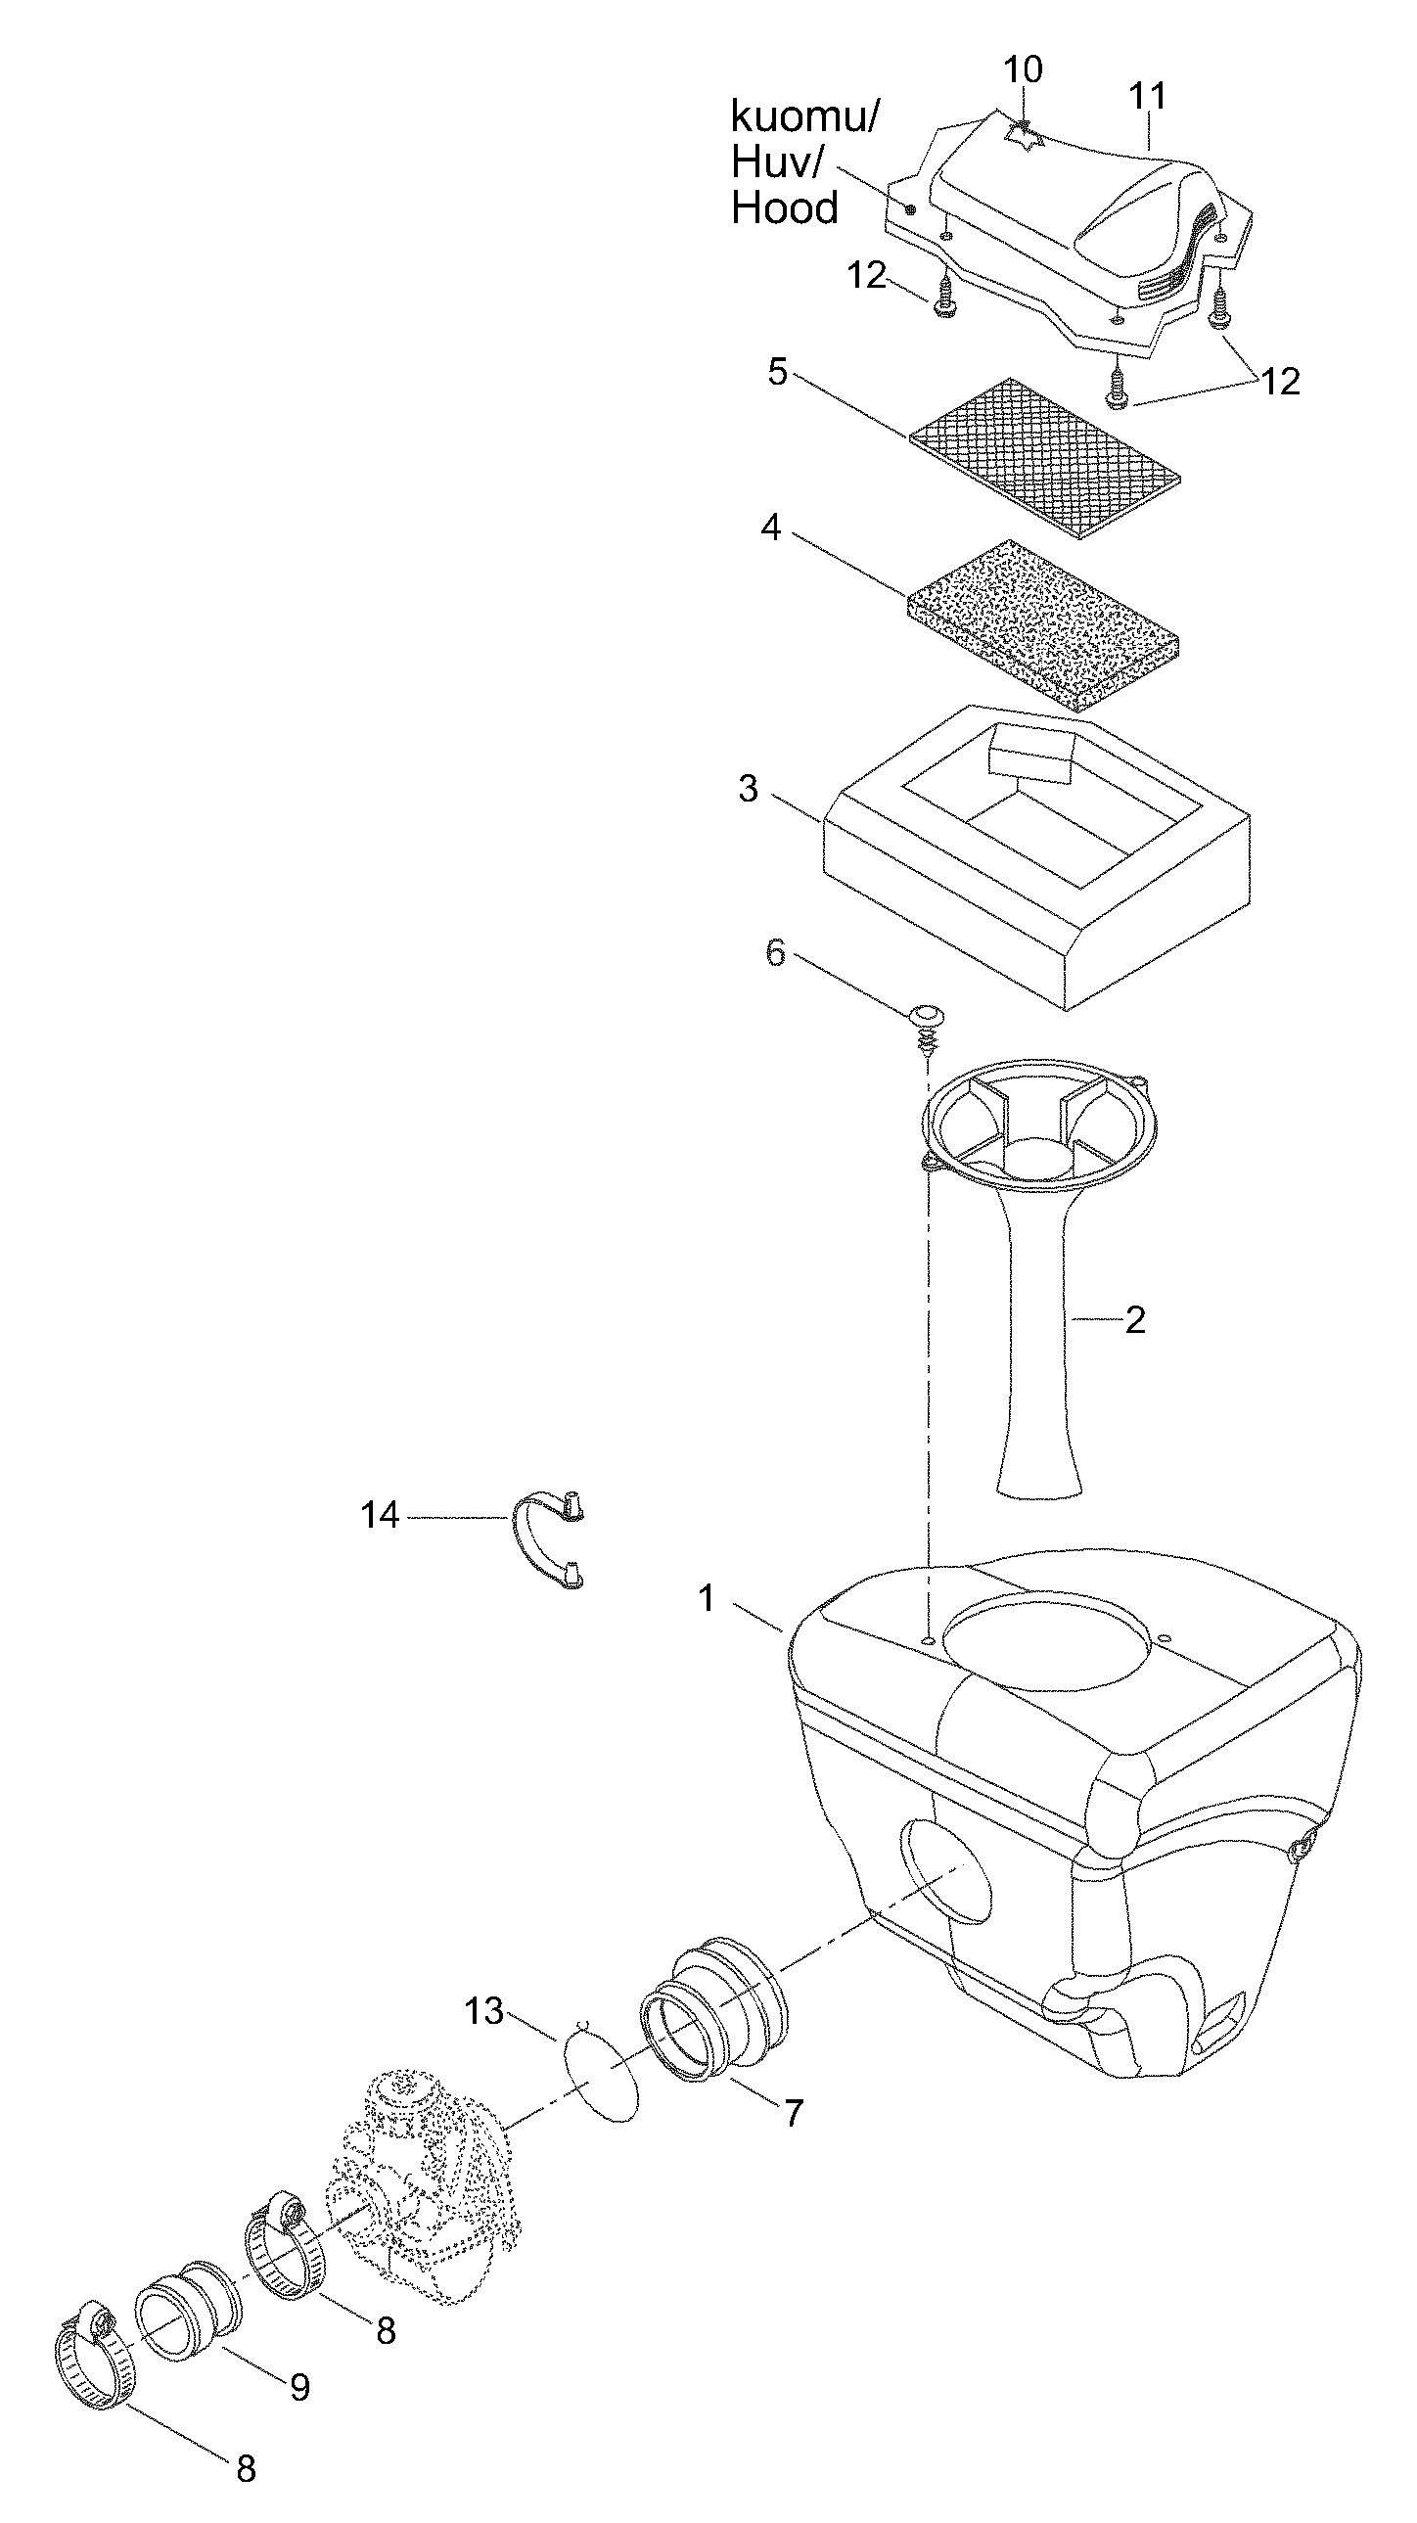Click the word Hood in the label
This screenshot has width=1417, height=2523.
tap(786, 208)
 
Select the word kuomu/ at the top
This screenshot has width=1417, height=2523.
tap(805, 117)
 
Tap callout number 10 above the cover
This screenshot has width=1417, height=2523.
tap(1023, 69)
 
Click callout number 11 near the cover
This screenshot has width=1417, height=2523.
tap(1148, 96)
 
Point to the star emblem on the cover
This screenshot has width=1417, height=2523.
tap(1025, 137)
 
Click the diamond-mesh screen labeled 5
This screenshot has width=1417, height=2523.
tap(1045, 459)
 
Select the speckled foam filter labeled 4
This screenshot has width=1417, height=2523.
tap(1044, 623)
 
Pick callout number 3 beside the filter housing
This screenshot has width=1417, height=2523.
tap(749, 789)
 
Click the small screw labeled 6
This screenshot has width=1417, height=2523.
tap(924, 1030)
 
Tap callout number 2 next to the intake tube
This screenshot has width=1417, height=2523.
tap(1135, 1320)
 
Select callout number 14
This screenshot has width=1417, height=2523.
tap(380, 1516)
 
